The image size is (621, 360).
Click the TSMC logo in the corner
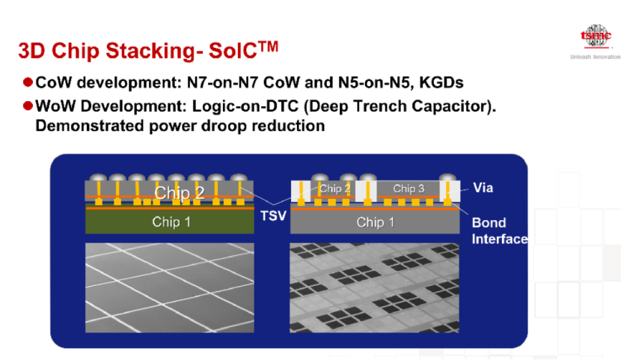[596, 37]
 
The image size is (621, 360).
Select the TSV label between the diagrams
[273, 216]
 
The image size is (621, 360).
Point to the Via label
[483, 188]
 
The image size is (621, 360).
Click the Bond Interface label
[499, 231]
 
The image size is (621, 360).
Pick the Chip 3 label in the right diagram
[409, 189]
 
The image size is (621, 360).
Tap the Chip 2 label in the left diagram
[180, 192]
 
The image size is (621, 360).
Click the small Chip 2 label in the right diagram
[335, 189]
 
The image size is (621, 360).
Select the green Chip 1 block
[171, 222]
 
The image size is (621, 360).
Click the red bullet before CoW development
[28, 81]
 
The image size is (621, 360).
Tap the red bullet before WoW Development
[28, 107]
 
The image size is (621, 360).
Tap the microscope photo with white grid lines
[170, 288]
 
